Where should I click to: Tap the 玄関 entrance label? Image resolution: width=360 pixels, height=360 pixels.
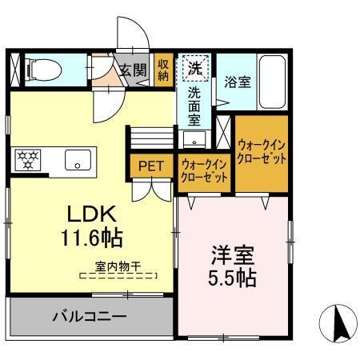134,70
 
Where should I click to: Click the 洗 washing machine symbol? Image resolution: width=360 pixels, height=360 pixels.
194,68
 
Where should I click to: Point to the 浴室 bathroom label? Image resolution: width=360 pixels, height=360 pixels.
236,81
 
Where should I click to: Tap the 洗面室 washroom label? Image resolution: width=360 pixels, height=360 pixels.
194,106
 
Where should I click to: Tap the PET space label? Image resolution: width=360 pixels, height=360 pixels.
150,166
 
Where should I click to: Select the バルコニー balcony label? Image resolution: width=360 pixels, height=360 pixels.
90,316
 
